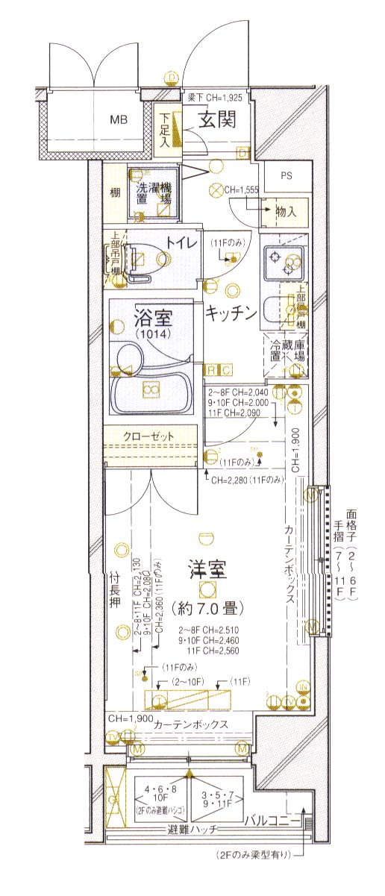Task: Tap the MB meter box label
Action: tap(119, 119)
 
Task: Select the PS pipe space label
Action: tap(287, 176)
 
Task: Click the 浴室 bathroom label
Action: tap(153, 319)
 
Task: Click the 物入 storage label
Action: tap(286, 212)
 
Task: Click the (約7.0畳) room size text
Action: tap(207, 609)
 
